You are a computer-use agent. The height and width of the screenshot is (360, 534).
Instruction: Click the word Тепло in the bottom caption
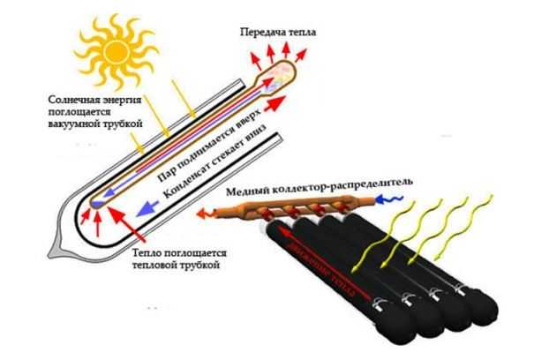(x=147, y=251)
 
